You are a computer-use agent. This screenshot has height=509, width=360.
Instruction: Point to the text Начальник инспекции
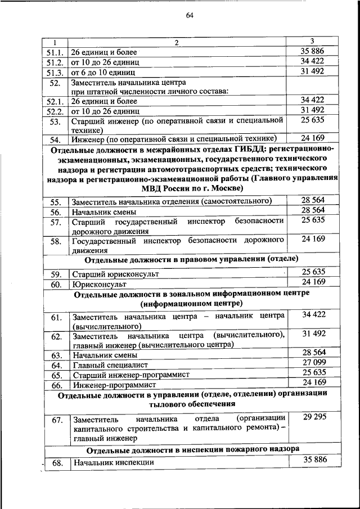[112, 463]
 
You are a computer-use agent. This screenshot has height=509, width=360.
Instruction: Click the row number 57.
[55, 223]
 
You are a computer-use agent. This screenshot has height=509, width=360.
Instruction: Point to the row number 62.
[56, 337]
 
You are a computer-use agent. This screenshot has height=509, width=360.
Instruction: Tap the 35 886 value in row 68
[314, 460]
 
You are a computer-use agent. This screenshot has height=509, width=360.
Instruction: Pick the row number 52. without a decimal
[55, 83]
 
